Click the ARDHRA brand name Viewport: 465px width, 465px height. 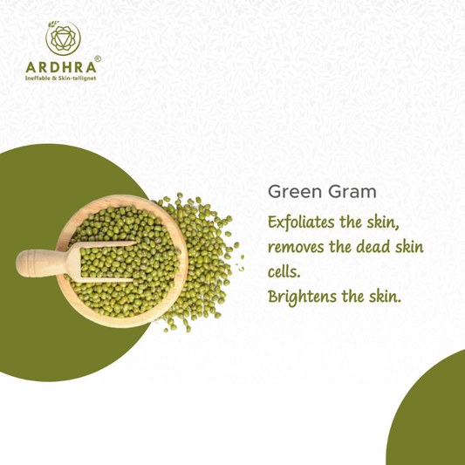[x=61, y=68]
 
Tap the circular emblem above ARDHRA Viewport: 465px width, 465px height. [x=63, y=38]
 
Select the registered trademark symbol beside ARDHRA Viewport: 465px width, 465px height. [x=98, y=58]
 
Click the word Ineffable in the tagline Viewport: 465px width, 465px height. [x=38, y=79]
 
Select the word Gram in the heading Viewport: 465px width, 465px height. [x=352, y=192]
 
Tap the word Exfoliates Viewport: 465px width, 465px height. [x=301, y=222]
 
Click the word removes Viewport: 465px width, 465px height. [x=296, y=248]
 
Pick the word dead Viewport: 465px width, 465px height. [x=373, y=247]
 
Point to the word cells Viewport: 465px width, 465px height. [x=284, y=271]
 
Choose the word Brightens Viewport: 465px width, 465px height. [x=302, y=297]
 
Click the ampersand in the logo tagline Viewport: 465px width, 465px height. [x=54, y=79]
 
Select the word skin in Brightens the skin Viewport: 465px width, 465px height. [x=385, y=297]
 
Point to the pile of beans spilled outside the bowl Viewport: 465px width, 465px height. [x=206, y=261]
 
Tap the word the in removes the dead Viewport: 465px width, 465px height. [x=340, y=247]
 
